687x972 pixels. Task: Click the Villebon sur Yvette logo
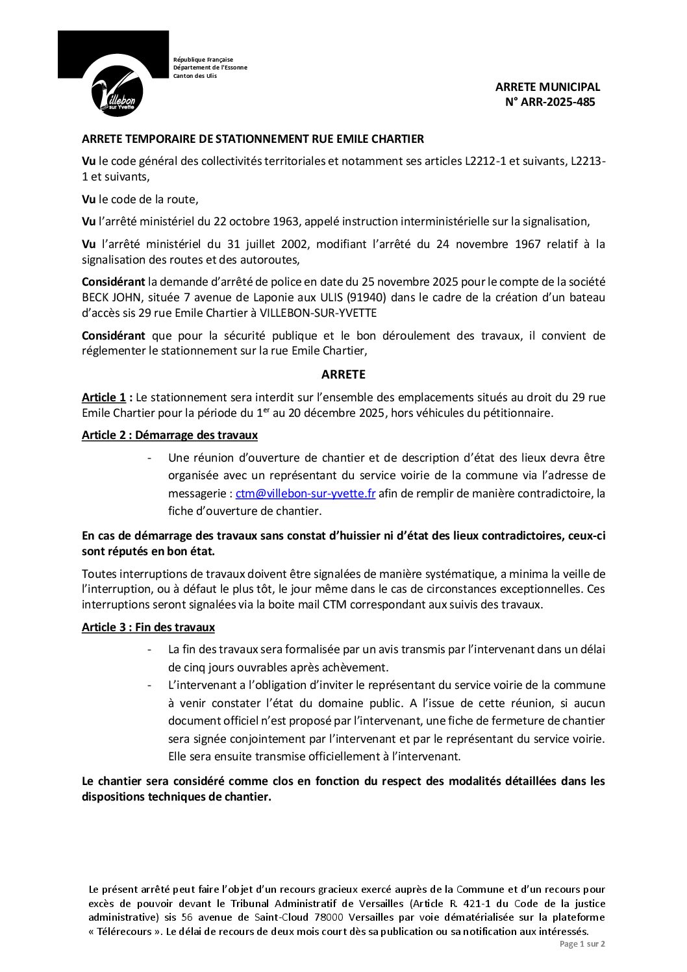117,91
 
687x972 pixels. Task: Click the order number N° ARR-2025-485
550,102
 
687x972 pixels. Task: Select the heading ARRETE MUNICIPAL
547,87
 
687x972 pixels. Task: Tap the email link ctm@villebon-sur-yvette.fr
305,493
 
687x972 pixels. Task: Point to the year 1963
283,221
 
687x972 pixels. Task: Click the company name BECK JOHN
106,297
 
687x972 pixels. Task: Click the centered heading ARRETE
343,375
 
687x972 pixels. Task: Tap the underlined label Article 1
103,397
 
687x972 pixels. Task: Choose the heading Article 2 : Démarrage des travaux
169,435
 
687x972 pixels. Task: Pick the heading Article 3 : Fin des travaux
148,627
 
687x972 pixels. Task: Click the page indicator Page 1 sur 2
582,944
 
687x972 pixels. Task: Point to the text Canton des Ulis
195,76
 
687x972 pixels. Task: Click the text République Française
203,60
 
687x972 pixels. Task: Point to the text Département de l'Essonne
210,68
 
